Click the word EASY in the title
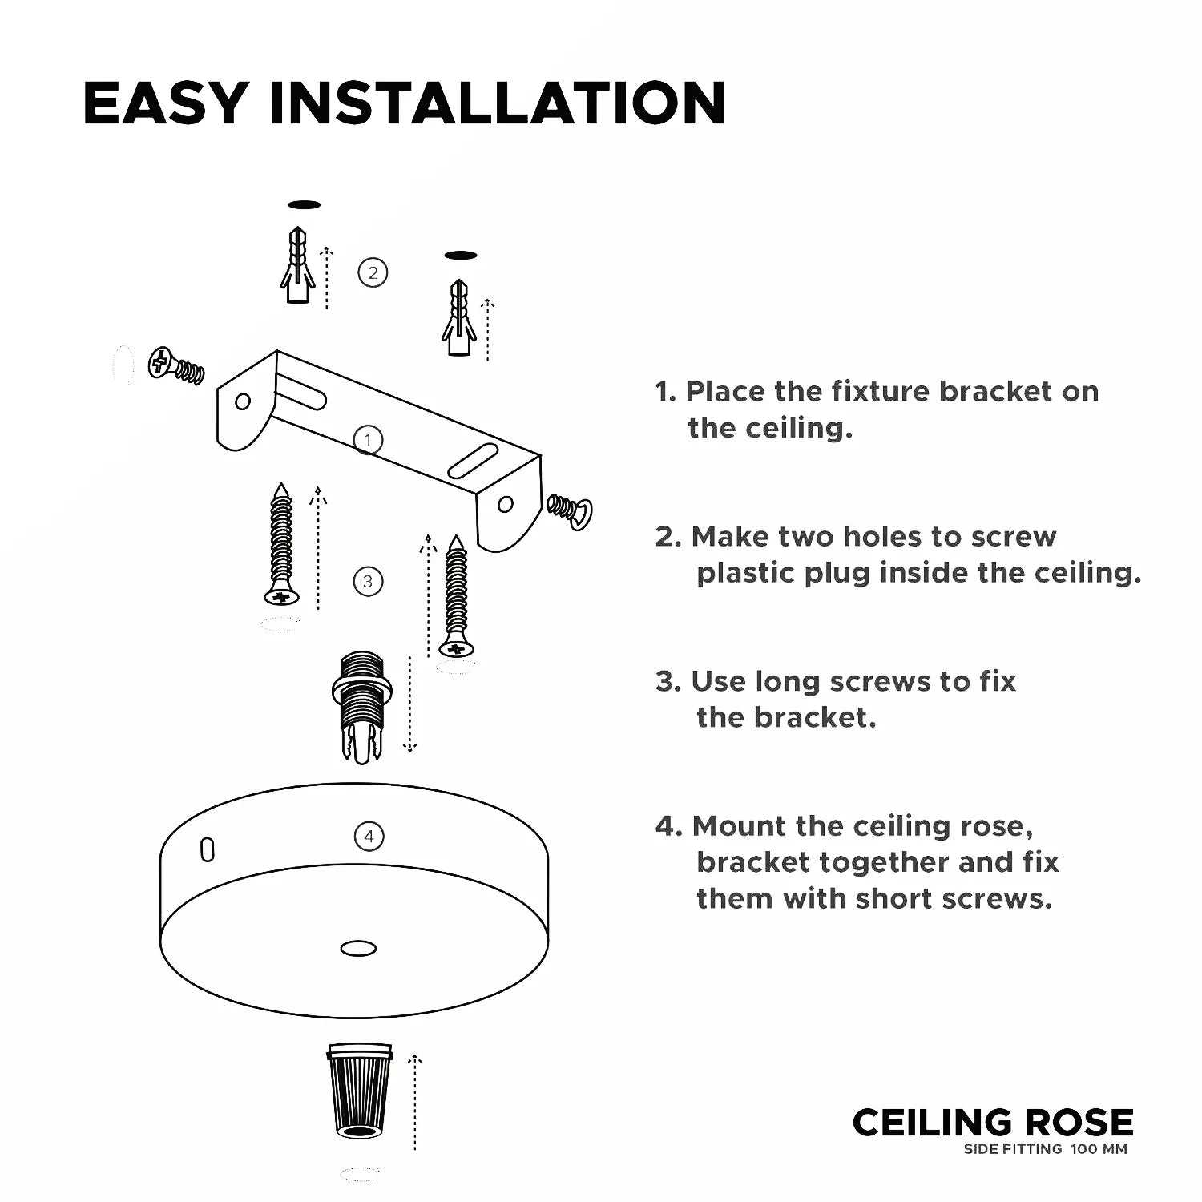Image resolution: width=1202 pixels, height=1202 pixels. [165, 103]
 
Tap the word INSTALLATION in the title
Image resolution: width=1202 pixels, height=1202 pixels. [498, 103]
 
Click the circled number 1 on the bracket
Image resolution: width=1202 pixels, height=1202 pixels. [368, 440]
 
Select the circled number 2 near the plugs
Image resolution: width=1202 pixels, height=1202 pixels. [373, 272]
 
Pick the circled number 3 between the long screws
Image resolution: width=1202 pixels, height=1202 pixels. [368, 582]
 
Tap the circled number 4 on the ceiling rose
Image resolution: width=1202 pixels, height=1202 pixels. [369, 837]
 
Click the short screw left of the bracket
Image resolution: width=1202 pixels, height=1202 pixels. [176, 366]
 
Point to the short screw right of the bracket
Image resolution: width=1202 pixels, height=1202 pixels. [570, 510]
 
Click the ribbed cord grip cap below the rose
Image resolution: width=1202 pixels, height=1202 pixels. [360, 1090]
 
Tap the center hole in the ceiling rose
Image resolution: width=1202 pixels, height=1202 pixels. [358, 949]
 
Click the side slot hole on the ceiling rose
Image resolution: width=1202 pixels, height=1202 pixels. [208, 849]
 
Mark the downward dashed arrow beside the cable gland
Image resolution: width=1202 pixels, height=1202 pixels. [409, 704]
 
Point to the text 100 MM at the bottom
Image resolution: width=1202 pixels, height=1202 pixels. [1099, 1149]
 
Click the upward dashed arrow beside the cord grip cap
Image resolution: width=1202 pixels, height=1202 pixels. [414, 1103]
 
